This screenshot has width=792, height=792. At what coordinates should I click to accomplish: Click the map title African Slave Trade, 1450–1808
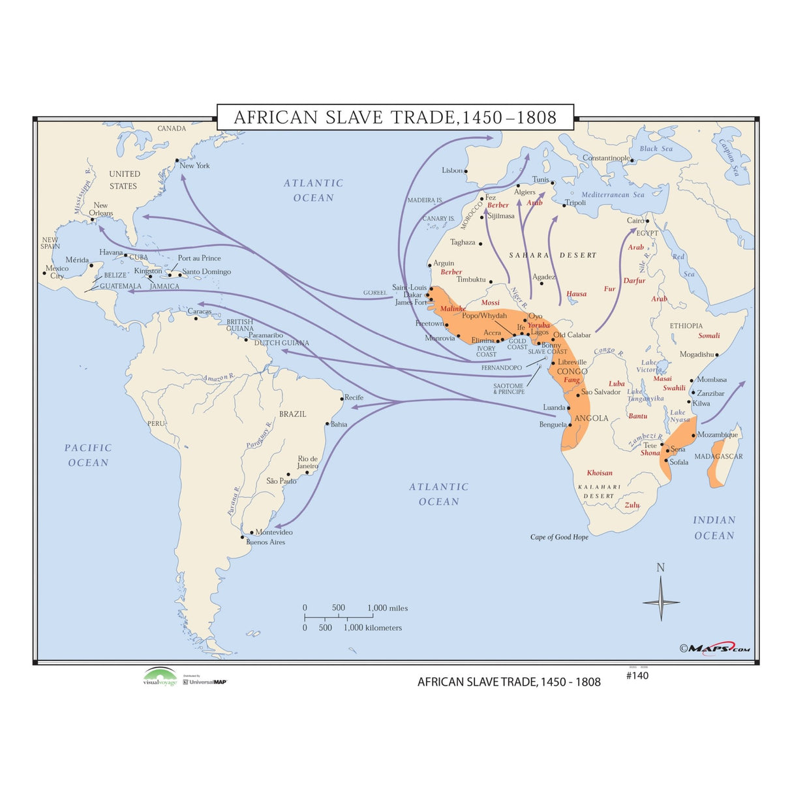[395, 117]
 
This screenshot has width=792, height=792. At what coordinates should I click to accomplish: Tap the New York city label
[194, 166]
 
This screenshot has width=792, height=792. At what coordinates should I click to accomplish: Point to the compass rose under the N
[660, 602]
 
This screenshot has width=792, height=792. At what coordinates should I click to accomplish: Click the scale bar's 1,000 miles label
[388, 608]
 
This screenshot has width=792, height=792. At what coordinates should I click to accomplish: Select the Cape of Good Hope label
[559, 537]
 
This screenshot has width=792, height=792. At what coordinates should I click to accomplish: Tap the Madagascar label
[718, 457]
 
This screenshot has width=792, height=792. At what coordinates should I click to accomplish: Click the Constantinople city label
[606, 158]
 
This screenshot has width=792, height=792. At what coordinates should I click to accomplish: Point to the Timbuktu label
[471, 280]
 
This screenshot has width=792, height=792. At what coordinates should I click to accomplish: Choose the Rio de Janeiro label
[308, 463]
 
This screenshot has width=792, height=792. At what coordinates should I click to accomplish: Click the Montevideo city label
[274, 532]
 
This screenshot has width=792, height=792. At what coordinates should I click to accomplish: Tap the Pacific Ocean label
[88, 455]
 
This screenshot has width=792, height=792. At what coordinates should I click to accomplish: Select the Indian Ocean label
[714, 528]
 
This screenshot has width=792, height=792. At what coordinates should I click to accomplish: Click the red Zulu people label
[632, 505]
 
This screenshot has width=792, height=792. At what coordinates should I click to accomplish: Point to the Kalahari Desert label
[599, 491]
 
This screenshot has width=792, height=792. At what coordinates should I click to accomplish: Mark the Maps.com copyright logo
[715, 648]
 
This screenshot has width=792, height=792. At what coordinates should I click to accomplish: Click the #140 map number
[637, 676]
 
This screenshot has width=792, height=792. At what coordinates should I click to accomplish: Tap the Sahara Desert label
[553, 255]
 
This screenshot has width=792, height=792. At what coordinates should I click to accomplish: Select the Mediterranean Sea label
[613, 194]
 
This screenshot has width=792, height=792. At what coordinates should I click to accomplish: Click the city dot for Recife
[342, 399]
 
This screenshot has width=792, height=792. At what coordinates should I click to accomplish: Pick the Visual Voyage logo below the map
[160, 677]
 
